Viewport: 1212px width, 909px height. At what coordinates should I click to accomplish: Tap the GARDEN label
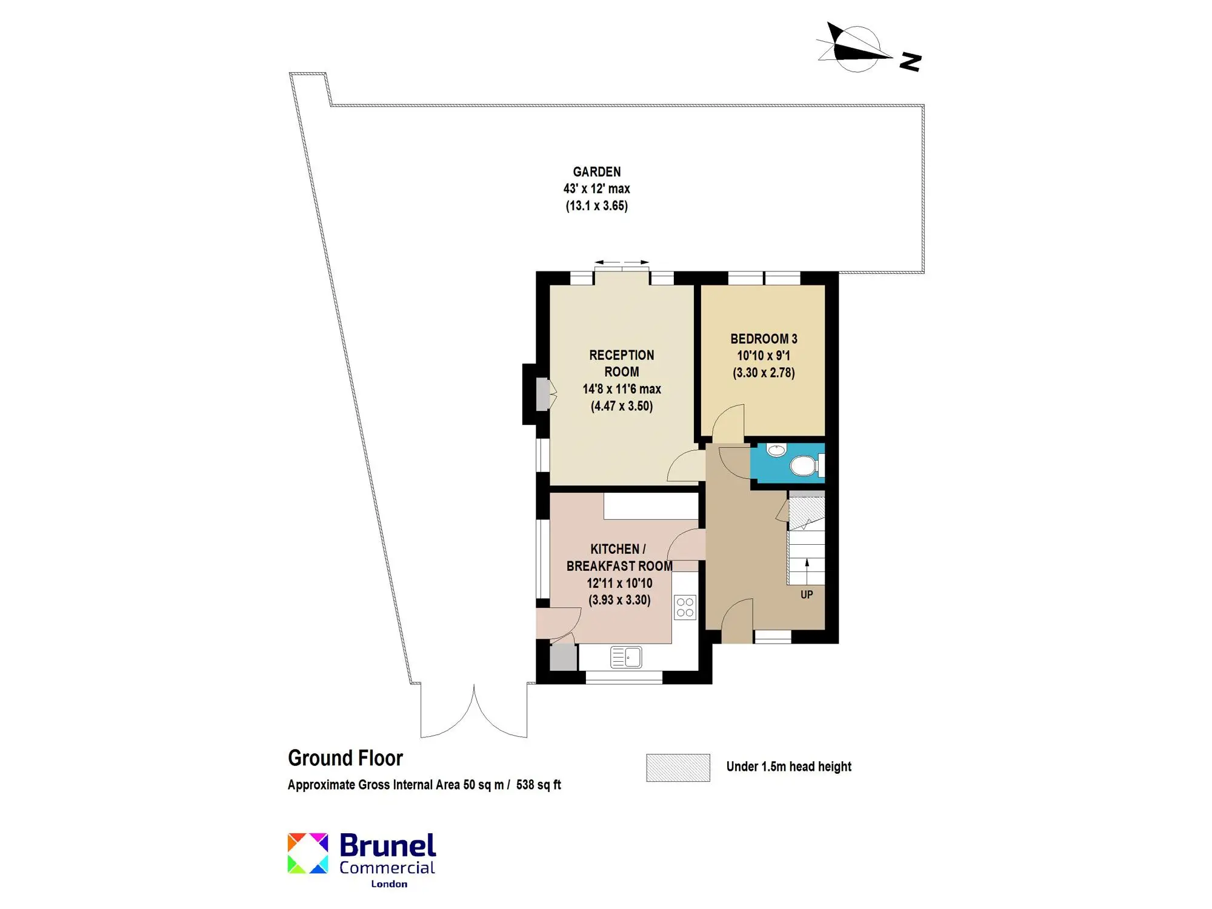(597, 172)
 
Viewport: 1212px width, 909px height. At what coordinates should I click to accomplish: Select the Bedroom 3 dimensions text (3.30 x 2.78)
(764, 373)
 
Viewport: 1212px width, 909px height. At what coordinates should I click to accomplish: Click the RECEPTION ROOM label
(622, 364)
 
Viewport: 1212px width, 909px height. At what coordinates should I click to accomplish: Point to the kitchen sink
(626, 657)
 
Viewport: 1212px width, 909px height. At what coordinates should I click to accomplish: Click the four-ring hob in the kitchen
(685, 607)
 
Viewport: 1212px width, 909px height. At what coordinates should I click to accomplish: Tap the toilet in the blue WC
(805, 466)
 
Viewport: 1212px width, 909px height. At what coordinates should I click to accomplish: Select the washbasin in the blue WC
(776, 450)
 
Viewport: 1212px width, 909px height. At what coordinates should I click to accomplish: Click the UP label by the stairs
(807, 594)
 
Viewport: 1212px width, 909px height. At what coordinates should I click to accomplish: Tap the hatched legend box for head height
(678, 768)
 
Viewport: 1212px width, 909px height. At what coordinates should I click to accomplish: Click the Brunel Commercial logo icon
(308, 853)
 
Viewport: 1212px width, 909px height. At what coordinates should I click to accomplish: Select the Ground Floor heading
(345, 758)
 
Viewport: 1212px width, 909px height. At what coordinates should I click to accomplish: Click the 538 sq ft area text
(539, 785)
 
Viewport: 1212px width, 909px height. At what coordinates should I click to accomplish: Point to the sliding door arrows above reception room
(622, 262)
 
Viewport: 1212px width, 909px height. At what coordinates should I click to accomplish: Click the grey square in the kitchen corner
(563, 658)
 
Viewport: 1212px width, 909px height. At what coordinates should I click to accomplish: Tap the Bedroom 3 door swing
(728, 424)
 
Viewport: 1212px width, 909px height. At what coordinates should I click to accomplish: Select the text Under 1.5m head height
(789, 767)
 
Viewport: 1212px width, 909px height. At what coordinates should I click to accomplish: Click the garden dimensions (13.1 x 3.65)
(597, 206)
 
